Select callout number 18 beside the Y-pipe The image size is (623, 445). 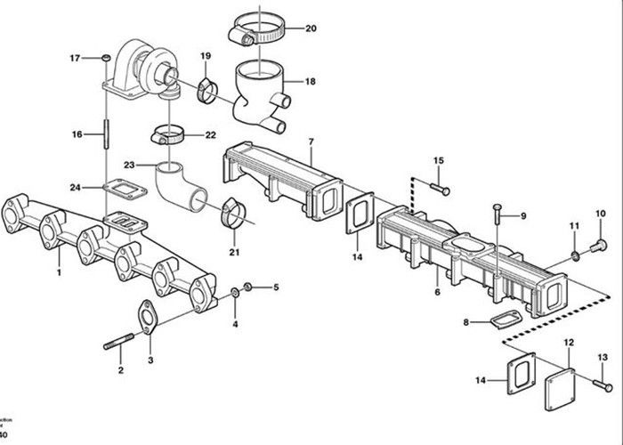[x=311, y=81]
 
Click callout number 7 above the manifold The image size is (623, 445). [x=311, y=142]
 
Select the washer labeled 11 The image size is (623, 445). [x=575, y=257]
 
